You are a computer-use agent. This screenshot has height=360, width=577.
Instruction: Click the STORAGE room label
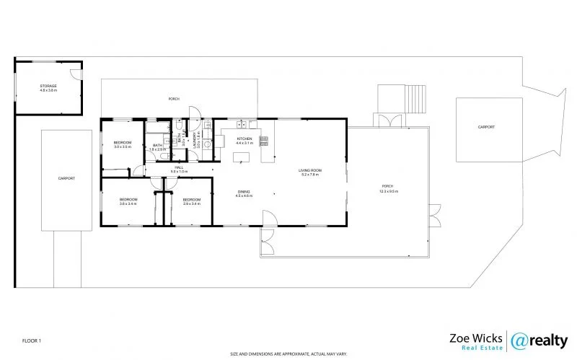(48, 87)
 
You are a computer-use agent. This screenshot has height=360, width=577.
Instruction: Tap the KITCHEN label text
(245, 138)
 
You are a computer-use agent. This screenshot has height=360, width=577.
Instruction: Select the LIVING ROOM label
(310, 170)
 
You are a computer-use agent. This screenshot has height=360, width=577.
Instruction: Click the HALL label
(179, 167)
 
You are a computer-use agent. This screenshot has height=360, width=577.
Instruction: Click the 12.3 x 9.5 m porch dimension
(389, 192)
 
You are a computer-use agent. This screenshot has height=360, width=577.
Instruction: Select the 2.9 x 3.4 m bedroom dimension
(191, 204)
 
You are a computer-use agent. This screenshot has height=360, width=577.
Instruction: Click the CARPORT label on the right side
(486, 127)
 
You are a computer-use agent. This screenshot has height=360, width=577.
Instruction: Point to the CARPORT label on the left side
(66, 177)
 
